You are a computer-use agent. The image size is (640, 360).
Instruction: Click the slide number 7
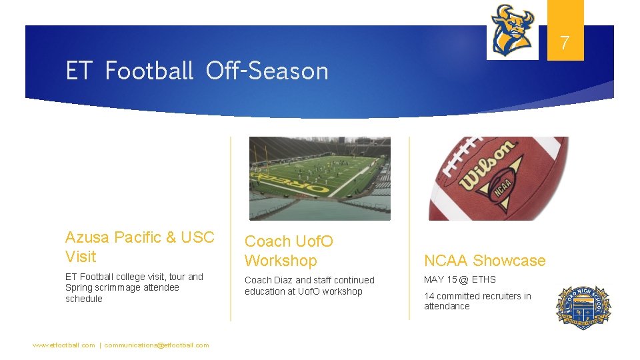pyautogui.click(x=565, y=44)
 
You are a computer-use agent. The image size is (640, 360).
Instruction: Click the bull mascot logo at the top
pyautogui.click(x=512, y=30)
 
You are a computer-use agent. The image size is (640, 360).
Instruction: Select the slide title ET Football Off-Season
pyautogui.click(x=197, y=71)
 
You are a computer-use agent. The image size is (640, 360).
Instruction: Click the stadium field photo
pyautogui.click(x=320, y=178)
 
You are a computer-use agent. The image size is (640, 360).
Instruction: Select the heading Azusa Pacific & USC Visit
pyautogui.click(x=140, y=247)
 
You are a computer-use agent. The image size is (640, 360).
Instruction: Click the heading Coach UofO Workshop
pyautogui.click(x=289, y=251)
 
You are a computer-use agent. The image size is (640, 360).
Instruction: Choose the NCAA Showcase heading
pyautogui.click(x=485, y=261)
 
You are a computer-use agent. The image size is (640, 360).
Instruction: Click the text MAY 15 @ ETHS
pyautogui.click(x=460, y=279)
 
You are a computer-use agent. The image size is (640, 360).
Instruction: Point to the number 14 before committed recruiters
pyautogui.click(x=429, y=296)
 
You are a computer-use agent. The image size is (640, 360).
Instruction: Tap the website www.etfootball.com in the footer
pyautogui.click(x=64, y=345)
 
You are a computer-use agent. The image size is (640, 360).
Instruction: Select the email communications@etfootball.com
pyautogui.click(x=157, y=345)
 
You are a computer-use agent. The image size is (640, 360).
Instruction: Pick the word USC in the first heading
pyautogui.click(x=197, y=237)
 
